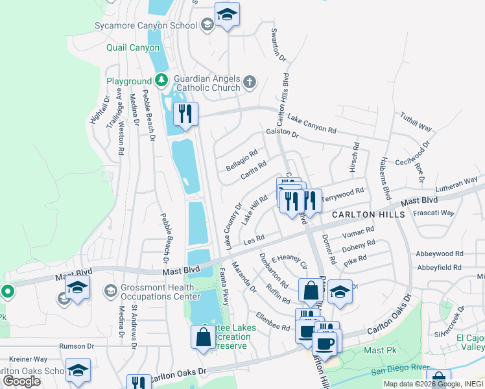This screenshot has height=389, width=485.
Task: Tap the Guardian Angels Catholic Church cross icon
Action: (x=250, y=83)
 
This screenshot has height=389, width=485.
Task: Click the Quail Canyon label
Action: (x=133, y=47)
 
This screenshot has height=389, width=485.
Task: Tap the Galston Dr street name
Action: (x=281, y=134)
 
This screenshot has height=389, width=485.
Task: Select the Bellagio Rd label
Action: (x=241, y=160)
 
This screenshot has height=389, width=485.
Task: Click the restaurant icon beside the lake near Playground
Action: (x=186, y=115)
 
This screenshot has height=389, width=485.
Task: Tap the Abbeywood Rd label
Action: (x=440, y=255)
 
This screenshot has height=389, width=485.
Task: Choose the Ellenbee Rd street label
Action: (x=272, y=323)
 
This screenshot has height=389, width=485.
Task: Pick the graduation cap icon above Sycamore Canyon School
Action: (x=227, y=15)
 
